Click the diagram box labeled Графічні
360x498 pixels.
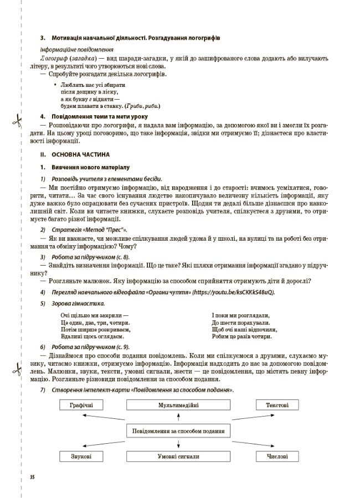pyautogui.click(x=81, y=405)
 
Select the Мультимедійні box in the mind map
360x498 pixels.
pyautogui.click(x=178, y=405)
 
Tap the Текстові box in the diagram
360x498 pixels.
pyautogui.click(x=277, y=405)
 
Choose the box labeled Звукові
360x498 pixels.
pyautogui.click(x=81, y=456)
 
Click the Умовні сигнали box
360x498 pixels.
pyautogui.click(x=178, y=456)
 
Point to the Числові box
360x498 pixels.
pyautogui.click(x=277, y=456)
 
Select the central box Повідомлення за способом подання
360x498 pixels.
pyautogui.click(x=178, y=431)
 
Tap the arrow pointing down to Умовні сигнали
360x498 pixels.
pyautogui.click(x=178, y=444)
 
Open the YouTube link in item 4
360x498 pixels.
pyautogui.click(x=233, y=292)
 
